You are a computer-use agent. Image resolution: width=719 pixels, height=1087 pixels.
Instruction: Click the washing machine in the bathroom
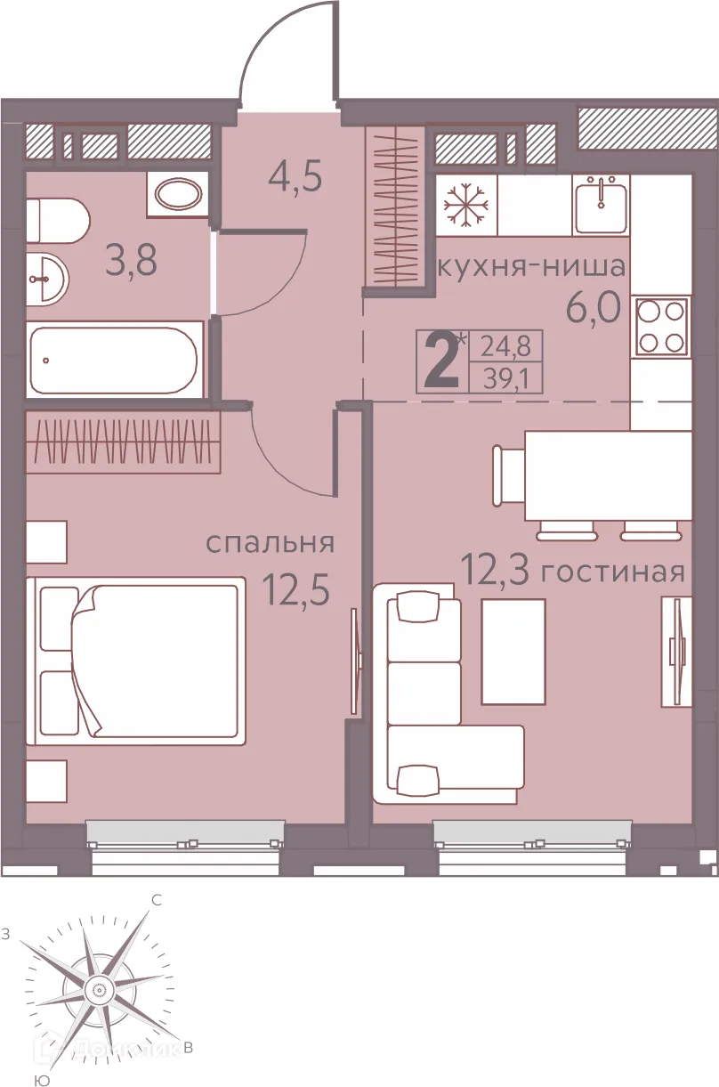click(x=178, y=193)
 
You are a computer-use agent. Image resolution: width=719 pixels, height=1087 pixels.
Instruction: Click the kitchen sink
click(x=602, y=204)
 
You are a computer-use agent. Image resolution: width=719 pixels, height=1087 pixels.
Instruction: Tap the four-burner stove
click(x=662, y=326)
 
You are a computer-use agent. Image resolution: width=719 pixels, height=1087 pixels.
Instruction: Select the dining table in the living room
click(x=606, y=475)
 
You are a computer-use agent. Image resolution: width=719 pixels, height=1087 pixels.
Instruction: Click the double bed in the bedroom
click(x=136, y=661)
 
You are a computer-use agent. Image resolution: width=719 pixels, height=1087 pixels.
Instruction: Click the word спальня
click(x=270, y=543)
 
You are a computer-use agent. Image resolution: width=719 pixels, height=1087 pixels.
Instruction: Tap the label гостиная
click(x=613, y=572)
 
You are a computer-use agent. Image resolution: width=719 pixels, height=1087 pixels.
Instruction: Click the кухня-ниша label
click(x=532, y=266)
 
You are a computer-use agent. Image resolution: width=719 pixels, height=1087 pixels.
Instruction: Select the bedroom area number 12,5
click(x=297, y=588)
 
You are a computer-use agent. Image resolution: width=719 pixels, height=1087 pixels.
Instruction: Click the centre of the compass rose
click(x=97, y=988)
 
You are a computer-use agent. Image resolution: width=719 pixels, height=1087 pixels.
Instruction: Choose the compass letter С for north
click(x=156, y=900)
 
